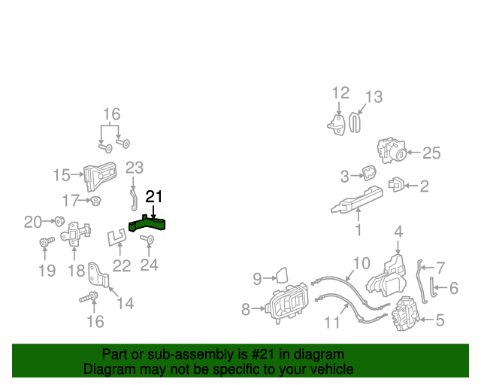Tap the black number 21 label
click(x=154, y=197)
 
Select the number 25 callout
click(x=431, y=153)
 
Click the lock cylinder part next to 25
click(x=392, y=151)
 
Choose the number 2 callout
click(x=424, y=186)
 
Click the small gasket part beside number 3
click(x=370, y=174)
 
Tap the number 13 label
click(x=374, y=97)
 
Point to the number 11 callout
click(x=332, y=324)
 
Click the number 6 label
click(x=454, y=287)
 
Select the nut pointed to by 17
click(x=96, y=201)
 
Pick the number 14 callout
click(x=125, y=303)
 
